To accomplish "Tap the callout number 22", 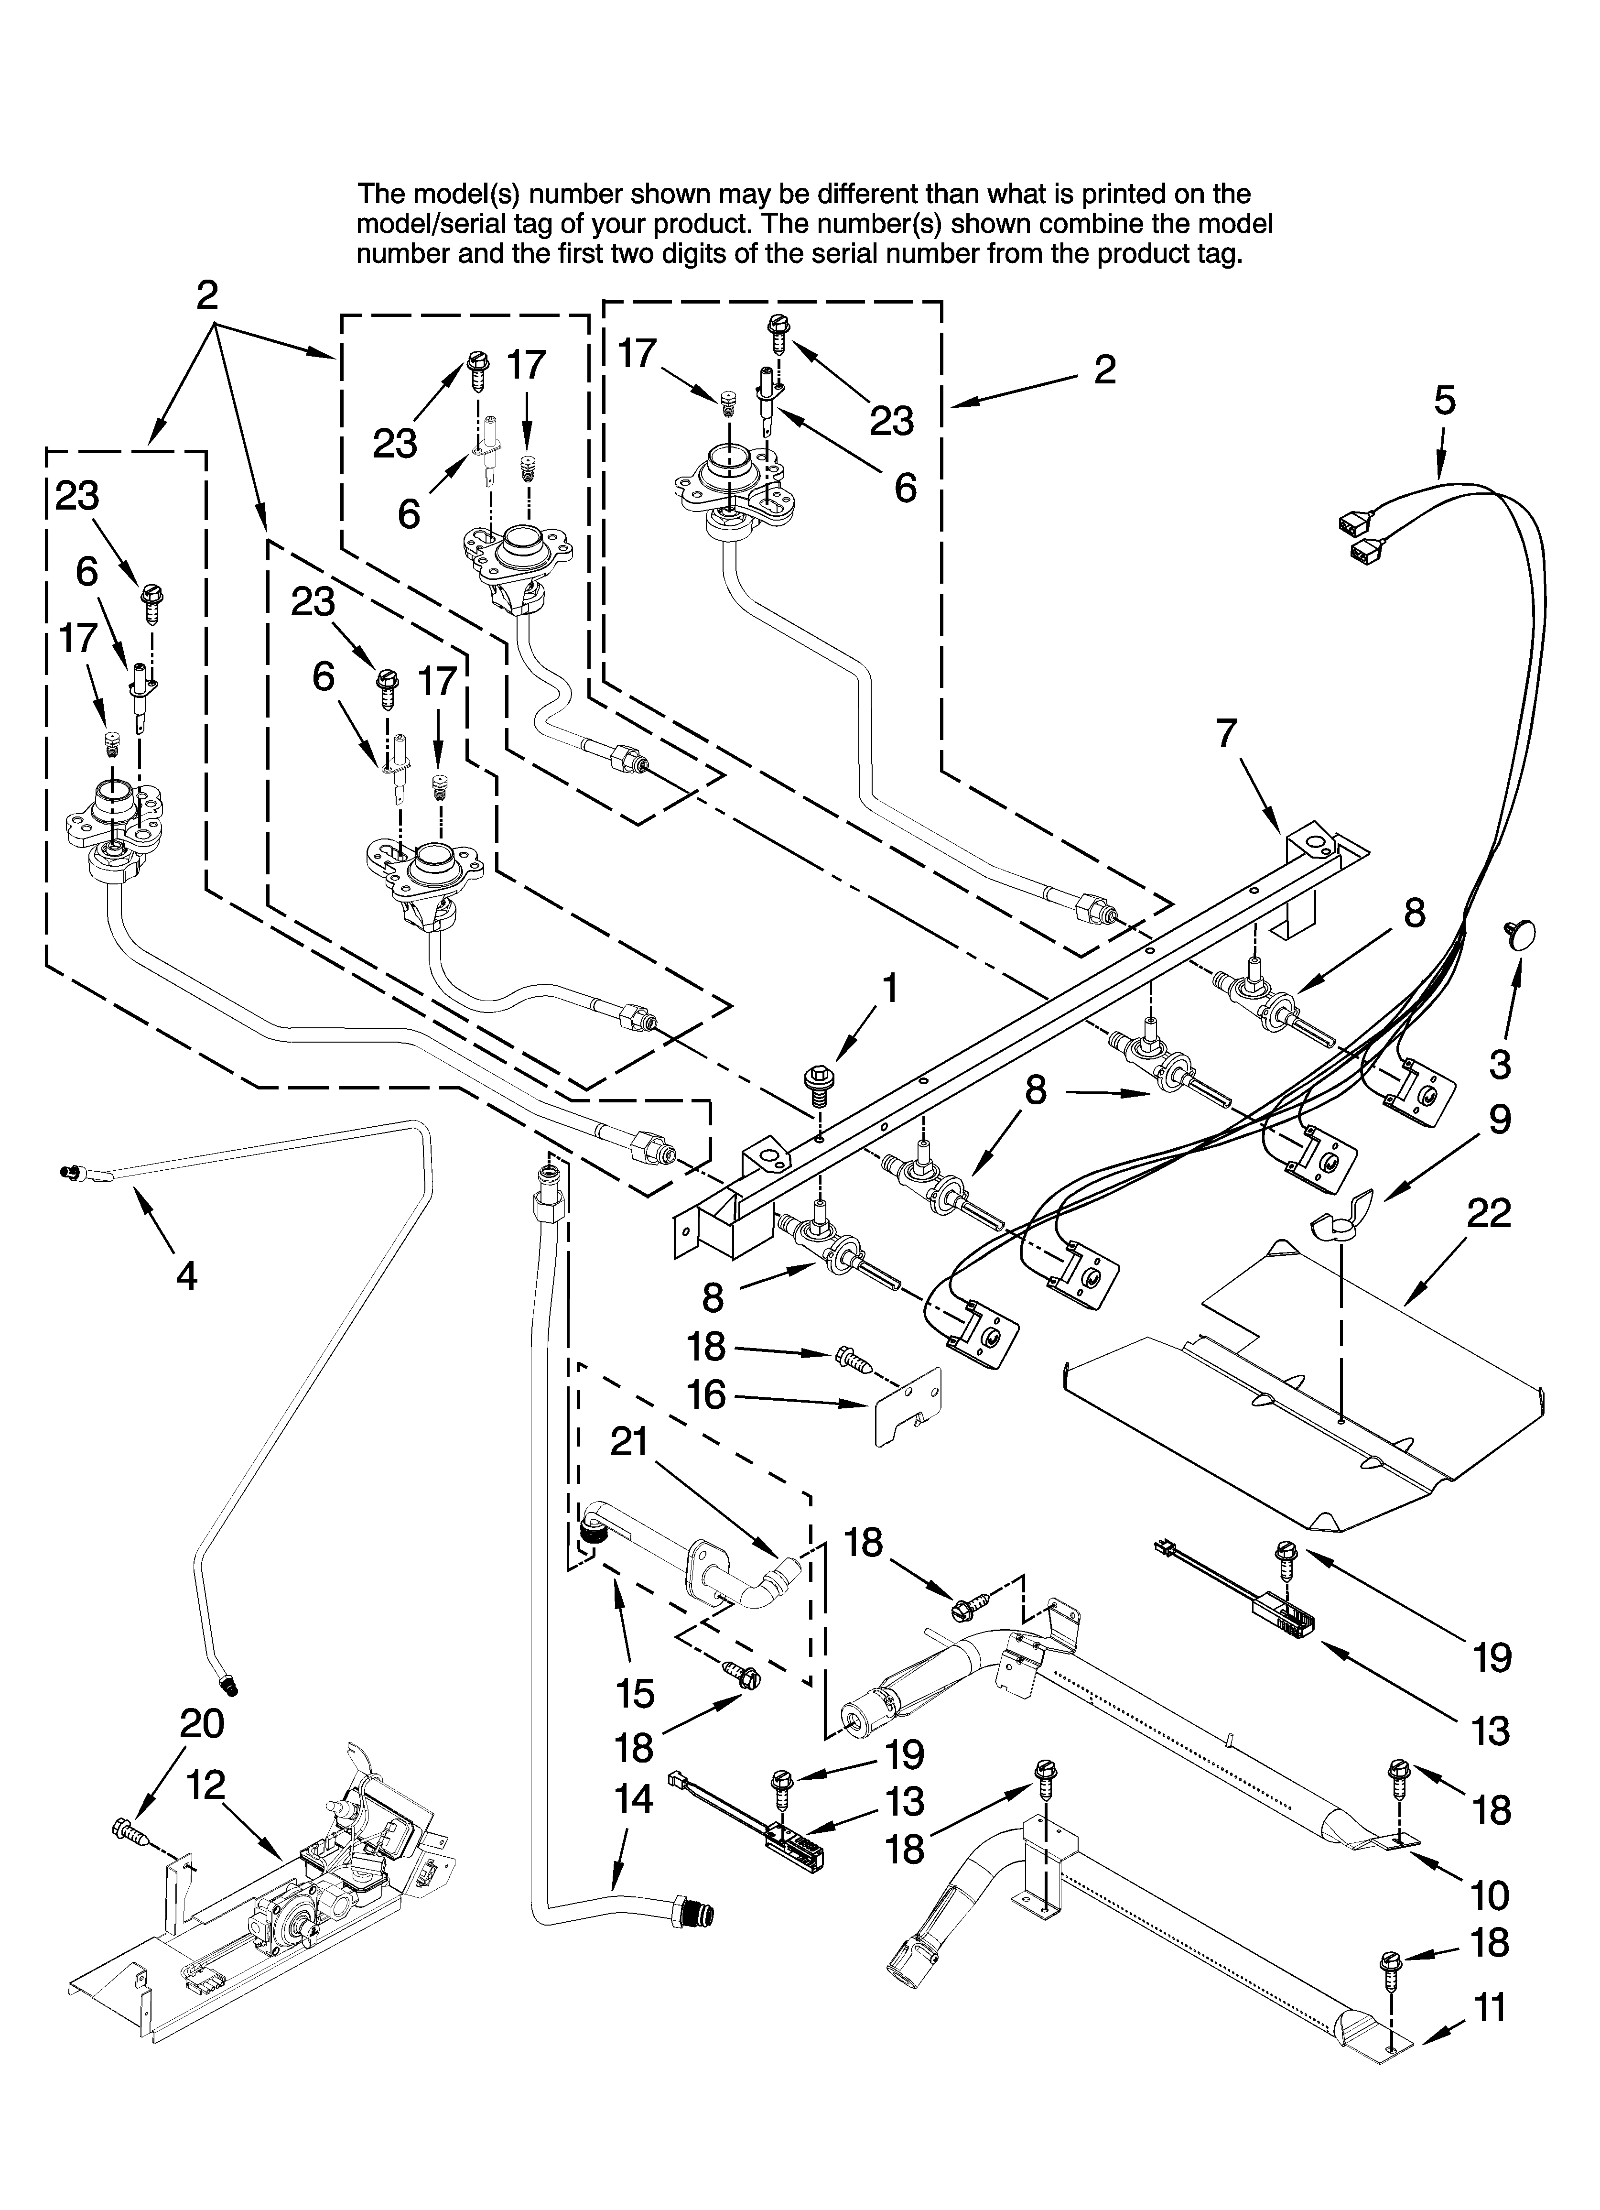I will (x=1488, y=1213).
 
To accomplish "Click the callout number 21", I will (x=629, y=1442).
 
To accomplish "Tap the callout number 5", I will (x=1444, y=401).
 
